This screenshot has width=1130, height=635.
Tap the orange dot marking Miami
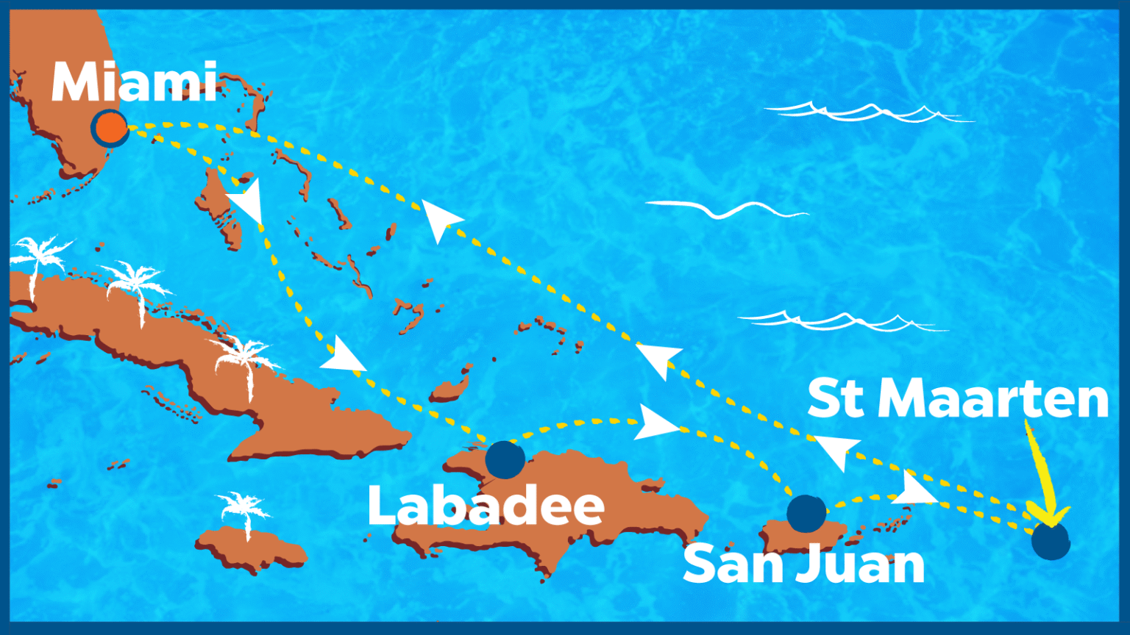(x=110, y=128)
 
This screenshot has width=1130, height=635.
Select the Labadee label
(x=486, y=506)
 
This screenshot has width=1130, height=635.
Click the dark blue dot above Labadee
(x=505, y=460)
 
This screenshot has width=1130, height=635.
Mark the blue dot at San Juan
(x=806, y=513)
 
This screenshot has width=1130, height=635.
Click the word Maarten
(x=993, y=400)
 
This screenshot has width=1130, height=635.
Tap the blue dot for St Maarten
(x=1050, y=541)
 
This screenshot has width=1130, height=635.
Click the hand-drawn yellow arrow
(x=1045, y=478)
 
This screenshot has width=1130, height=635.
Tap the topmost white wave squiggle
(x=868, y=112)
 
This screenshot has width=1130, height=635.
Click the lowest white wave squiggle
(x=839, y=321)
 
